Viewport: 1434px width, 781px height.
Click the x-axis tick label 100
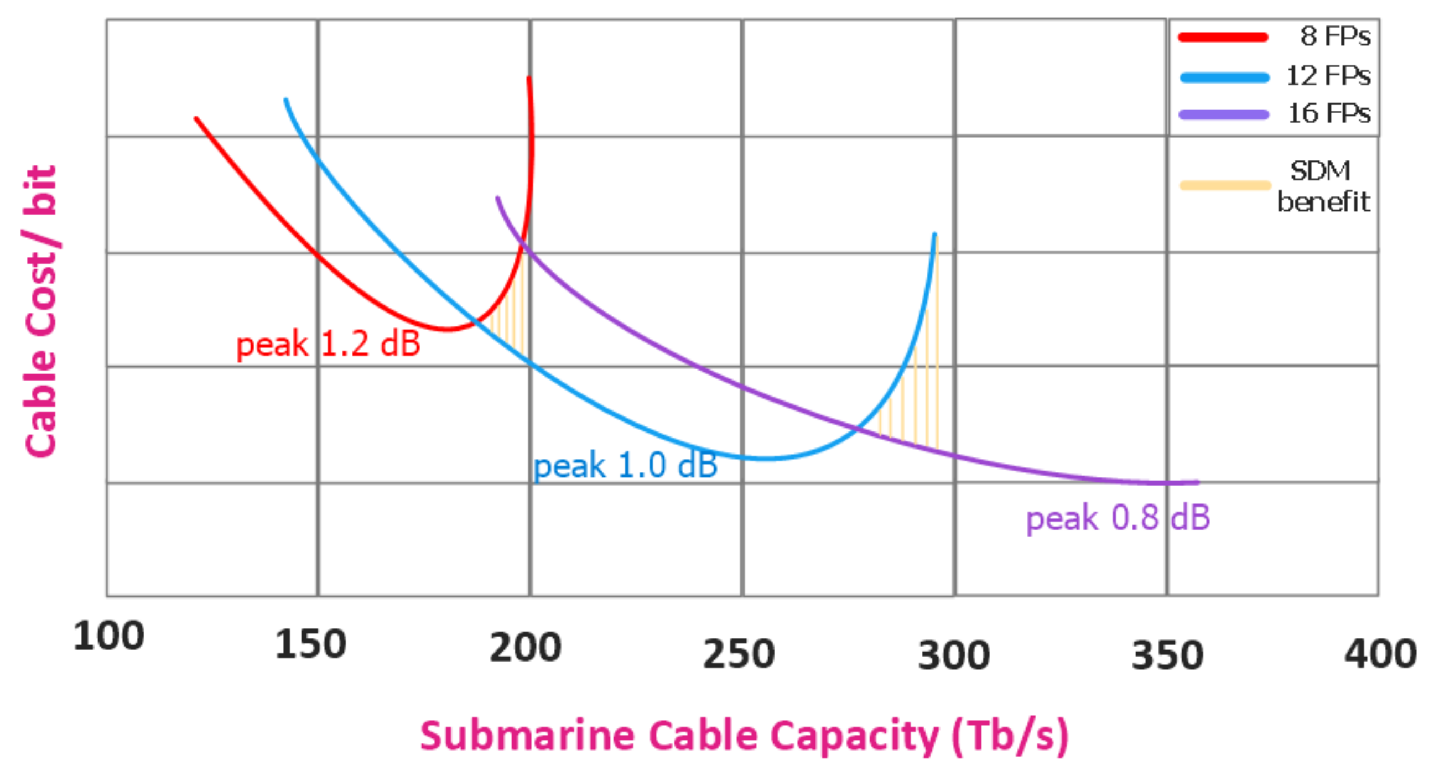click(108, 636)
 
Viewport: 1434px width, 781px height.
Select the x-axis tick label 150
click(310, 644)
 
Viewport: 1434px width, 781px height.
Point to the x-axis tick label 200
click(525, 648)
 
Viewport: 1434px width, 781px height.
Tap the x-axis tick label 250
click(739, 654)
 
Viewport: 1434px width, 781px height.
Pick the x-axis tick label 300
click(954, 655)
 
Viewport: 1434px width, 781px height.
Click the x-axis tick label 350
click(1167, 655)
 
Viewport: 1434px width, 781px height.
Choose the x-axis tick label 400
click(1380, 654)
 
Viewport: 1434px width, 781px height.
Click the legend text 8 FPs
click(1335, 37)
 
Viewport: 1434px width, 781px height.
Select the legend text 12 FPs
click(1328, 76)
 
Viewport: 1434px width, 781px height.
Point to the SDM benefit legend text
click(1323, 186)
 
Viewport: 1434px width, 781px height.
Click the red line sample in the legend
click(1223, 38)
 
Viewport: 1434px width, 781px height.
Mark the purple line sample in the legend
click(1224, 115)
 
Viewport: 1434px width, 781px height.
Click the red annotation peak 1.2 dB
click(329, 344)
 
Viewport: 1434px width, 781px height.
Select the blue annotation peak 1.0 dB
click(625, 465)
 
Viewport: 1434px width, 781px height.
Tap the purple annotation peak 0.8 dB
click(1118, 518)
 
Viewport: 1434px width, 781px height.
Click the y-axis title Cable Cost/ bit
click(40, 312)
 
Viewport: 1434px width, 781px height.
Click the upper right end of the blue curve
click(934, 234)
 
